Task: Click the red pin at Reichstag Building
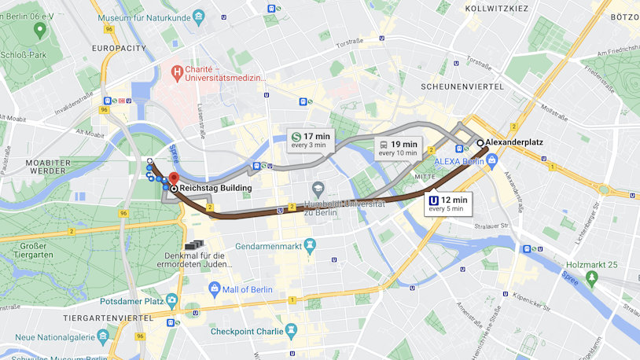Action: point(174,178)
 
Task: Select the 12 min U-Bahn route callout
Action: point(447,204)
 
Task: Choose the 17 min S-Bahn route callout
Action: point(310,140)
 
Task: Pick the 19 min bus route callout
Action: point(397,148)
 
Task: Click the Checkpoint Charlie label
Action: point(246,331)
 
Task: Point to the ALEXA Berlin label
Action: point(458,161)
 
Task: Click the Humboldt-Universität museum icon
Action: point(318,189)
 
